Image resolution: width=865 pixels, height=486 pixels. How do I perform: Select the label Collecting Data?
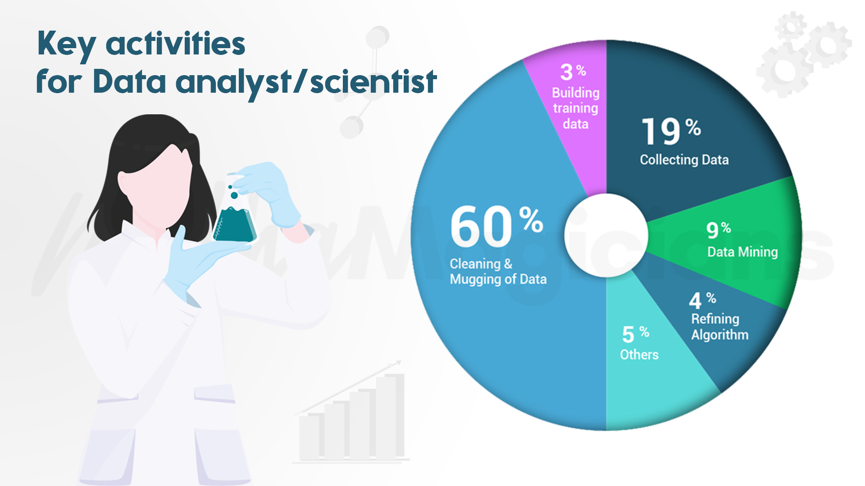coord(684,160)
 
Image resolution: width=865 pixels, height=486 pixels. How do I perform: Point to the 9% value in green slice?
coord(718,230)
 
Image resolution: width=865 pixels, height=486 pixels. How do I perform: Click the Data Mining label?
coord(742,252)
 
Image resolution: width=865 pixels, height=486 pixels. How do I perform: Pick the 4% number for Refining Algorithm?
coord(702,300)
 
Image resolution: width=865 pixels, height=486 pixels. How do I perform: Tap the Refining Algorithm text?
coord(719,327)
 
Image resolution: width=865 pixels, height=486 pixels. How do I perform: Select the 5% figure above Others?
coord(635,334)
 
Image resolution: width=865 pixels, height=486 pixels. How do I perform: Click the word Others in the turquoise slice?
coord(639,355)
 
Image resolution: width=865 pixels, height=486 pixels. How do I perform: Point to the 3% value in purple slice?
coord(573,72)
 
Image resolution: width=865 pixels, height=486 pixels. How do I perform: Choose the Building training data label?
coord(575,108)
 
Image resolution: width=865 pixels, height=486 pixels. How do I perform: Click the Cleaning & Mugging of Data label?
coord(498,271)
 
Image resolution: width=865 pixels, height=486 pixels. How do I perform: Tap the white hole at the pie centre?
coord(606,235)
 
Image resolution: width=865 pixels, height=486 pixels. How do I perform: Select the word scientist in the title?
coord(373,82)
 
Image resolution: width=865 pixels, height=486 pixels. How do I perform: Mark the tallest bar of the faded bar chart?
coord(390,416)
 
